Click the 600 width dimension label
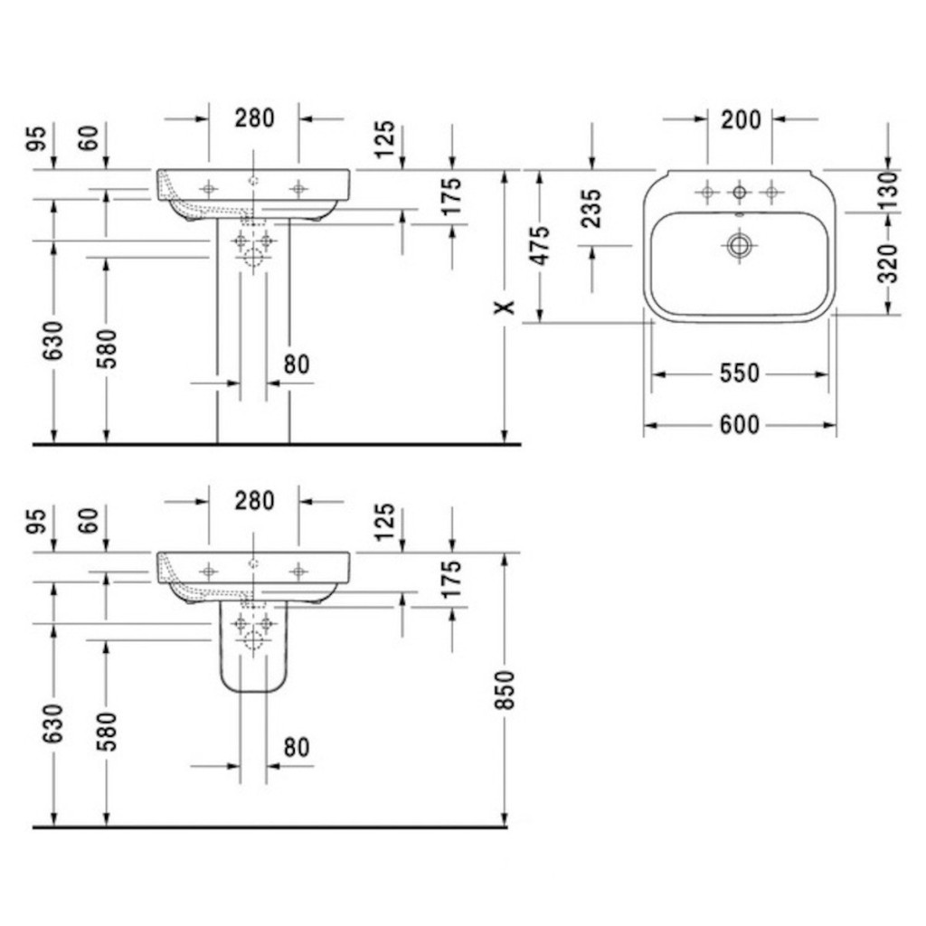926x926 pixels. tap(740, 425)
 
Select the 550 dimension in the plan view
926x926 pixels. tap(740, 373)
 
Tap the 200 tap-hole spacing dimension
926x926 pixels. tap(741, 120)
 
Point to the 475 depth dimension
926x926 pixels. tap(541, 245)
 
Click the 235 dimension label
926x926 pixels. tap(591, 208)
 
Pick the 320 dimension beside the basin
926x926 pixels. tap(888, 263)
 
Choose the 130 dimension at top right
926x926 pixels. tap(888, 190)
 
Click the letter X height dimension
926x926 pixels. tap(505, 307)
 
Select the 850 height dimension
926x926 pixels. tap(505, 690)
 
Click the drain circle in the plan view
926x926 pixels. tap(740, 244)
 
